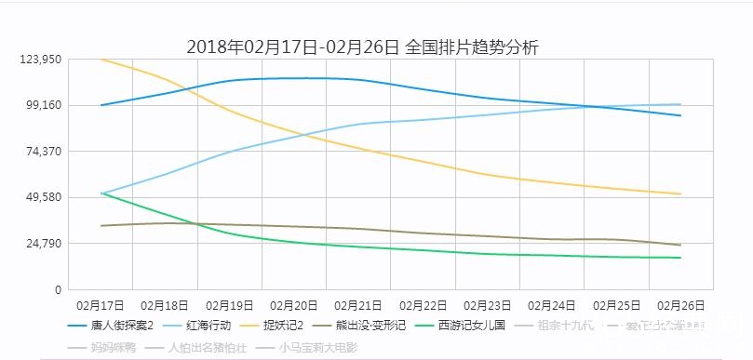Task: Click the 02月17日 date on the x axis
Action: pyautogui.click(x=101, y=304)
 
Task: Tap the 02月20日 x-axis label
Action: pyautogui.click(x=294, y=304)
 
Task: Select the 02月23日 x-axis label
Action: pyautogui.click(x=488, y=304)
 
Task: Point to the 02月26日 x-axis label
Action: pyautogui.click(x=681, y=304)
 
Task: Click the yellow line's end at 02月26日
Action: pyautogui.click(x=681, y=193)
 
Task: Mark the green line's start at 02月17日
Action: pyautogui.click(x=101, y=193)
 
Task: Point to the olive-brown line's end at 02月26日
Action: pyautogui.click(x=681, y=245)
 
